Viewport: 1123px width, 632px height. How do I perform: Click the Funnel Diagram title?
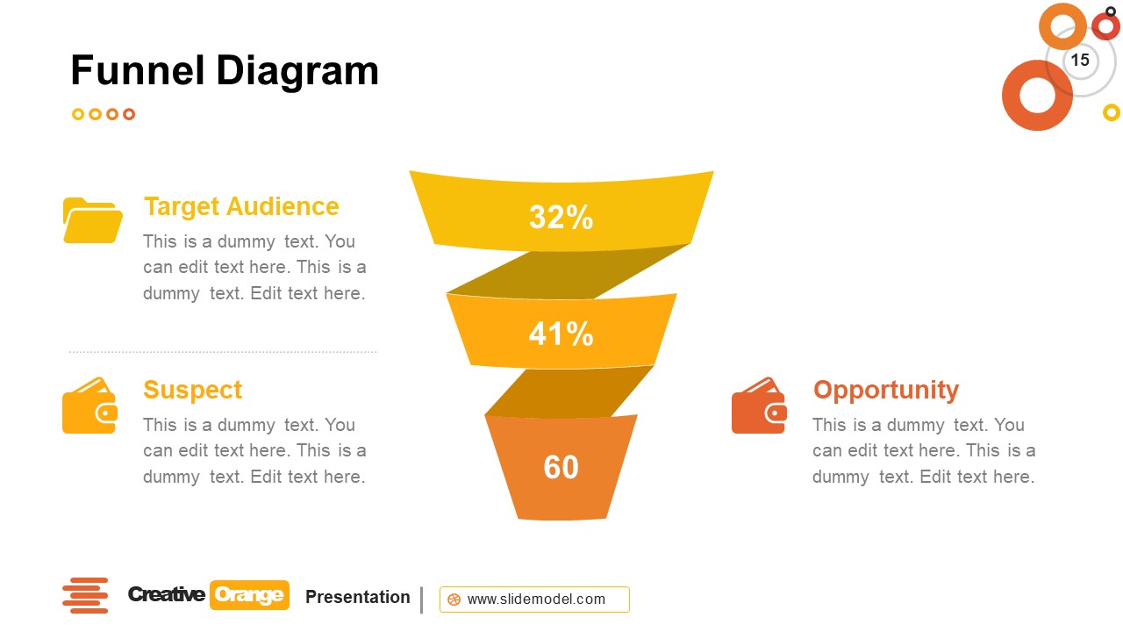[x=225, y=71]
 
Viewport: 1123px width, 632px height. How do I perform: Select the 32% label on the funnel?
[x=561, y=218]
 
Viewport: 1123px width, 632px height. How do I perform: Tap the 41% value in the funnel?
[x=561, y=334]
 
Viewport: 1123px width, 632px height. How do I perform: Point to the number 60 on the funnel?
[x=561, y=467]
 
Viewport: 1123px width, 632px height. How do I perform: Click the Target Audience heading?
[x=241, y=206]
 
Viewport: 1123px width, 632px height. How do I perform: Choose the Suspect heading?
[x=192, y=390]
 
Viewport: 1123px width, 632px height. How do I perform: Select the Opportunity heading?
[x=885, y=390]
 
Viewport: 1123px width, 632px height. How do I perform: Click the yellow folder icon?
[x=92, y=220]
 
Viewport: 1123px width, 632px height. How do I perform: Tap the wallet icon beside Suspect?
[x=89, y=406]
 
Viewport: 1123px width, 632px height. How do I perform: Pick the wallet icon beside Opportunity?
[x=759, y=406]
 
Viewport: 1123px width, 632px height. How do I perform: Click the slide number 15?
[x=1080, y=60]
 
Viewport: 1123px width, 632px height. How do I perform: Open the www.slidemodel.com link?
[x=536, y=600]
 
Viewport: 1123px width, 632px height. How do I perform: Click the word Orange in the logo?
[x=249, y=595]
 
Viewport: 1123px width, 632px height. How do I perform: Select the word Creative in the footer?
[x=167, y=595]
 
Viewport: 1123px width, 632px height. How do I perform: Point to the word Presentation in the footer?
[x=357, y=597]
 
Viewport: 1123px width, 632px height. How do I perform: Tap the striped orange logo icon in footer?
[x=85, y=595]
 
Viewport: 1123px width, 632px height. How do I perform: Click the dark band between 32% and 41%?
[x=569, y=271]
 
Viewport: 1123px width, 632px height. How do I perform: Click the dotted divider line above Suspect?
[x=223, y=352]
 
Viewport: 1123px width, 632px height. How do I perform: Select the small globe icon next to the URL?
[x=454, y=600]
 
